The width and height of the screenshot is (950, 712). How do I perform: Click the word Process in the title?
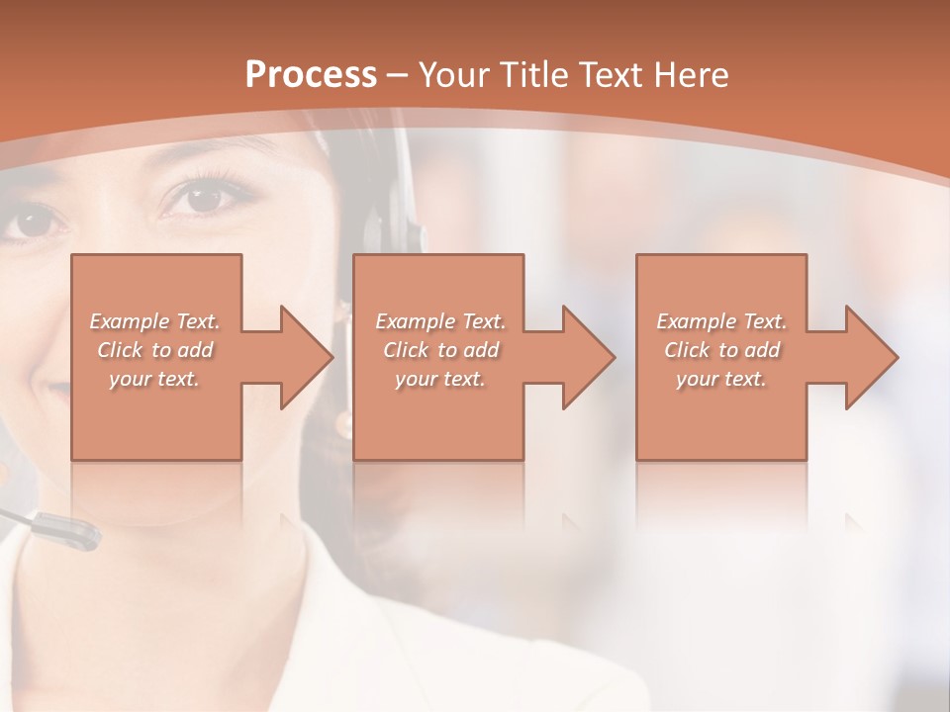[x=311, y=75]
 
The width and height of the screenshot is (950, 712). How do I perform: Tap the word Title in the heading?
[x=535, y=75]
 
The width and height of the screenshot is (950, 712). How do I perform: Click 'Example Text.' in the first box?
[x=154, y=321]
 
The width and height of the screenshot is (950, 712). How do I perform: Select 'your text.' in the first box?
[x=154, y=379]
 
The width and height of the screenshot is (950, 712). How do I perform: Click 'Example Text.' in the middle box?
[x=440, y=321]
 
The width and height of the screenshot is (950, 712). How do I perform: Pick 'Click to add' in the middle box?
[x=440, y=350]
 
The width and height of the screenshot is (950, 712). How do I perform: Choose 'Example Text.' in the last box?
[x=721, y=321]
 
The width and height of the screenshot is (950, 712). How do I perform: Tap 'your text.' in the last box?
[x=721, y=379]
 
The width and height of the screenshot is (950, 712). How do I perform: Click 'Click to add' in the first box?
[x=154, y=350]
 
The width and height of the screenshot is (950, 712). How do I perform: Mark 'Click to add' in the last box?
[x=721, y=350]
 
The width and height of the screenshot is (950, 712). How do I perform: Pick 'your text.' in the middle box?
[x=440, y=379]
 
